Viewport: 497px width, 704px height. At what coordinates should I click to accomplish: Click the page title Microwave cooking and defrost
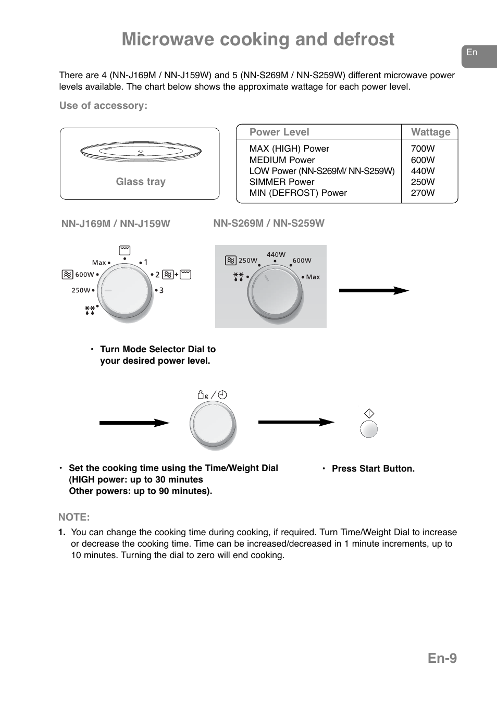click(258, 40)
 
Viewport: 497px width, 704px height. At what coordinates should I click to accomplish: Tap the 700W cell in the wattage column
click(423, 149)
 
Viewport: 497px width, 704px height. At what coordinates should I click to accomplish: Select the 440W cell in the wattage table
click(423, 171)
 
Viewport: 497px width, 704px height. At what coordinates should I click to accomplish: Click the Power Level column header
click(279, 132)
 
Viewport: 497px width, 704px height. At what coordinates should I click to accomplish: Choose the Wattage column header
click(430, 132)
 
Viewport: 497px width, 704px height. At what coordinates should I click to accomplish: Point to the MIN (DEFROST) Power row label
click(298, 193)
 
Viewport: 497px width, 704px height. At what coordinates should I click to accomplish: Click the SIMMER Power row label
click(282, 182)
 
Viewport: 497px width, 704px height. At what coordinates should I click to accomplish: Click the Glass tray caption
click(141, 182)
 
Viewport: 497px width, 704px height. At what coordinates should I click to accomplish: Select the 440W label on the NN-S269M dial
click(276, 255)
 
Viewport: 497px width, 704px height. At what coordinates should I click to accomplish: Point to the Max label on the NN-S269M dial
click(313, 277)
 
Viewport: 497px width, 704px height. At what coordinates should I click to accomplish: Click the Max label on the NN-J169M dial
click(99, 263)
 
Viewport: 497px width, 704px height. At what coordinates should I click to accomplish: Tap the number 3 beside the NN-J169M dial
click(161, 290)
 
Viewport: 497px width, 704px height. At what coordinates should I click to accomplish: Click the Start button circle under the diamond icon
click(369, 429)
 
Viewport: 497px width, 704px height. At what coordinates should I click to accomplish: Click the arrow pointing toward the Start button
click(296, 422)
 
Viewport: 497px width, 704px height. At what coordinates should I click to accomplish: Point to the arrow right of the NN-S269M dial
click(374, 291)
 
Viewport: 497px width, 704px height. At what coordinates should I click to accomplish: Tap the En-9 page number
click(442, 658)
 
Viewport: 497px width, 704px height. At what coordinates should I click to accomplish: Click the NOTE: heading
click(74, 517)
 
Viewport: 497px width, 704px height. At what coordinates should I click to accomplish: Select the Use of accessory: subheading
click(103, 106)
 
